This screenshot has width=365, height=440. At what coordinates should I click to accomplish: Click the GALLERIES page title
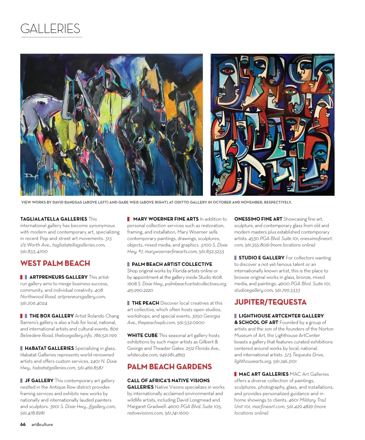pos(50,29)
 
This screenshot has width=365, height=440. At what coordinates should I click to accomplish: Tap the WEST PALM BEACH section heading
pos(55,263)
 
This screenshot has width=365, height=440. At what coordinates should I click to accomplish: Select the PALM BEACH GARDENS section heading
pos(169,367)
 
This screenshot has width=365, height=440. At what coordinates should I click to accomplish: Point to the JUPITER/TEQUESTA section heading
pos(270,302)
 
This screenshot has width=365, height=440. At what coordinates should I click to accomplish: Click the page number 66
pos(23,425)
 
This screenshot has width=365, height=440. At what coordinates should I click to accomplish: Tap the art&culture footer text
pos(42,425)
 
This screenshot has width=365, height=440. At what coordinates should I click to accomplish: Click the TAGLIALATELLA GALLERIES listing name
pos(54,219)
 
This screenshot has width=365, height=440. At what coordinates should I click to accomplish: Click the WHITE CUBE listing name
pos(142,335)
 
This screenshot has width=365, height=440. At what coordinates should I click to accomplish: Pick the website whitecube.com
pos(142,355)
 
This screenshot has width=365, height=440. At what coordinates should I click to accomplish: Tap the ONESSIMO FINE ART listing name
pos(258,219)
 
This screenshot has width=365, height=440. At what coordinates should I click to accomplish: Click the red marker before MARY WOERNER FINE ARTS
pos(129,219)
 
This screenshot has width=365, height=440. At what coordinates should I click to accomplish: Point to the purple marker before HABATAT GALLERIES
pos(22,348)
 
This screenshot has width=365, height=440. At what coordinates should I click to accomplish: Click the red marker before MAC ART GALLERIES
pos(235,374)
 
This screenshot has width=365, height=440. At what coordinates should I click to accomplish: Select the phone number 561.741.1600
pos(177,413)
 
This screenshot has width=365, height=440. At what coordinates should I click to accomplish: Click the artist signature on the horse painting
pos(31,176)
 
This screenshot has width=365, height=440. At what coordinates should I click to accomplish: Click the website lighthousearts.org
pos(253,361)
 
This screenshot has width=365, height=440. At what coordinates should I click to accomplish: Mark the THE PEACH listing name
pos(145,303)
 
